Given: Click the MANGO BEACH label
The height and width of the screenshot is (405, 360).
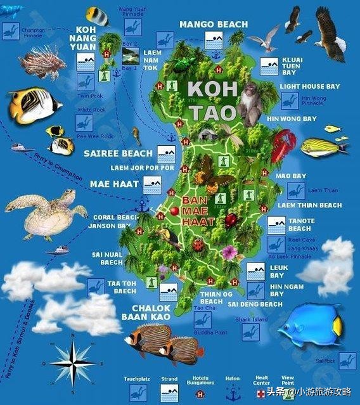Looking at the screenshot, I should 214,24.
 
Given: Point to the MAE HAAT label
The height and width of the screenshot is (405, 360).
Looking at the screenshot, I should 114,184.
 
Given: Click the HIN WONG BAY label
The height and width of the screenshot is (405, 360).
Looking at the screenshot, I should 291,119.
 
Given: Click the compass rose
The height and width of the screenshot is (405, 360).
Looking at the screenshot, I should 72,363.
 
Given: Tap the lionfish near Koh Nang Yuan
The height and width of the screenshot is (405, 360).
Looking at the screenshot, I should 52,60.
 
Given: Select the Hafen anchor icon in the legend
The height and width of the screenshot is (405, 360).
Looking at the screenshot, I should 232,393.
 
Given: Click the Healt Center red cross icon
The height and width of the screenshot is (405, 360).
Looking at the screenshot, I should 262,393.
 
